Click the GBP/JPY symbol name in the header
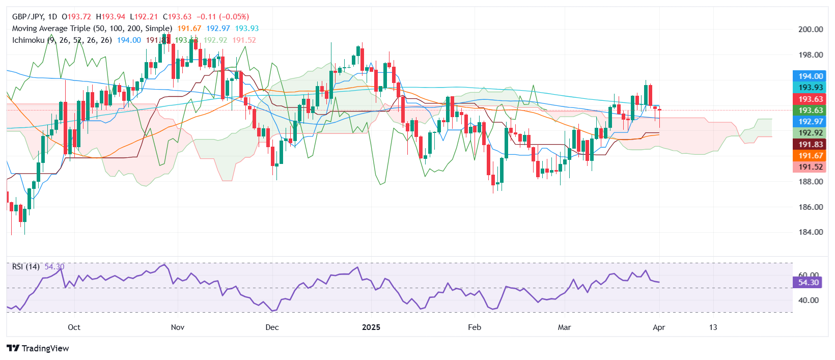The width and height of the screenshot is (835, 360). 28,17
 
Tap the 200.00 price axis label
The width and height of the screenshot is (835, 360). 810,30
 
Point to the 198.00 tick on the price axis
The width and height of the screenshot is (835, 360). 810,55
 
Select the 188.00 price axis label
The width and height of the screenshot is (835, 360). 810,182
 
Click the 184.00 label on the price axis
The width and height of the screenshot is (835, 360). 810,232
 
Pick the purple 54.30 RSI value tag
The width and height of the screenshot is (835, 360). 808,283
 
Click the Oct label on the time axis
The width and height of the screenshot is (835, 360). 74,327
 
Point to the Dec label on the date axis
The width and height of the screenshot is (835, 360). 272,327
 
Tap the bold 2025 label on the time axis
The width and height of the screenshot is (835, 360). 371,327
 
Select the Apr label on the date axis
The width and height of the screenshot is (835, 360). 658,327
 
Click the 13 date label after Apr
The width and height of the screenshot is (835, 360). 713,327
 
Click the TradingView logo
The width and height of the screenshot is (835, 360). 38,348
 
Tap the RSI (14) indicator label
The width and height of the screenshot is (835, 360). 26,267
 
